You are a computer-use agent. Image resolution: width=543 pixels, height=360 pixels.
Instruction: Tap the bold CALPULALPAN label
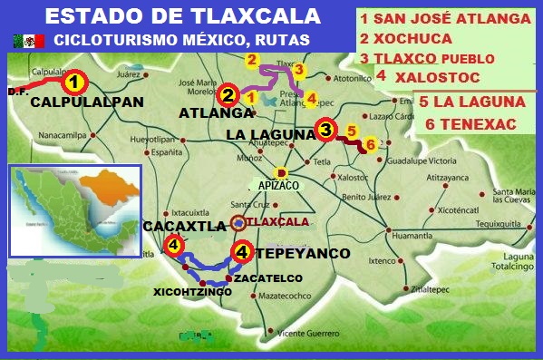(x=87, y=102)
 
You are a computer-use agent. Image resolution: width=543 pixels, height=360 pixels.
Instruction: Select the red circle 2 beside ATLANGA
(x=228, y=94)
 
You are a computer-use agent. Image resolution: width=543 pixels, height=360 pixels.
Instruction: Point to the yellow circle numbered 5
(x=352, y=131)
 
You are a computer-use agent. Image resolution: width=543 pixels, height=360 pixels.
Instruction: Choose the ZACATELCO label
(x=267, y=277)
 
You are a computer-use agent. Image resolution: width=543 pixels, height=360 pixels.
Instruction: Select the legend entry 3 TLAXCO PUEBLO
(x=427, y=58)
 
